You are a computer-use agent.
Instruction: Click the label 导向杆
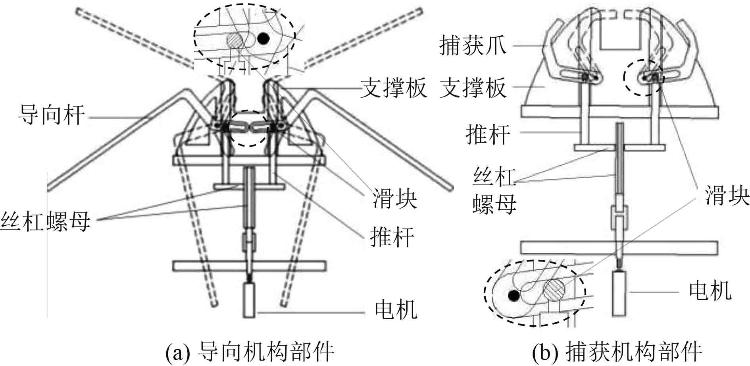pos(52,116)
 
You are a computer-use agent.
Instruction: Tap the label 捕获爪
pos(473,45)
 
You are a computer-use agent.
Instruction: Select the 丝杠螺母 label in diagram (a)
pos(45,221)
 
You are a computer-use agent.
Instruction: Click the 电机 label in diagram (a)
pos(396,310)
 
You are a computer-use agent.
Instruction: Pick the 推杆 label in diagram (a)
pos(392,237)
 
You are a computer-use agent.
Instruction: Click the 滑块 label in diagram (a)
pos(394,198)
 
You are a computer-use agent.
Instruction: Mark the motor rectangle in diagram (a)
pos(249,300)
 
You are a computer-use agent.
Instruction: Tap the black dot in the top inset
pos(263,38)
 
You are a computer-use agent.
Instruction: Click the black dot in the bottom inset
pos(514,295)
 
